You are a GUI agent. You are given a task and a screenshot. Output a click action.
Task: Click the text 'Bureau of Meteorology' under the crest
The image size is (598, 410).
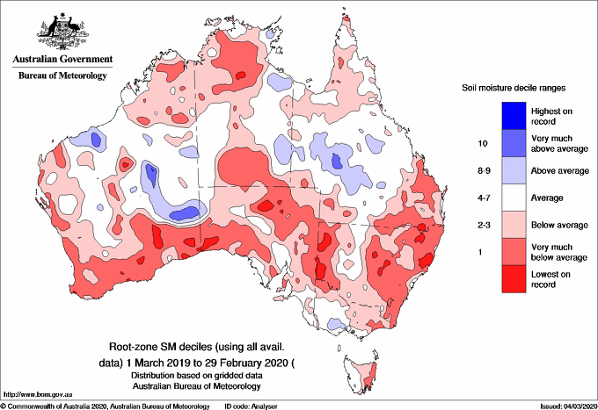(x=62, y=76)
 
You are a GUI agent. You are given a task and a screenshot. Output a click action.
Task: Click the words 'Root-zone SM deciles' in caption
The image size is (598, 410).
(x=164, y=347)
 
